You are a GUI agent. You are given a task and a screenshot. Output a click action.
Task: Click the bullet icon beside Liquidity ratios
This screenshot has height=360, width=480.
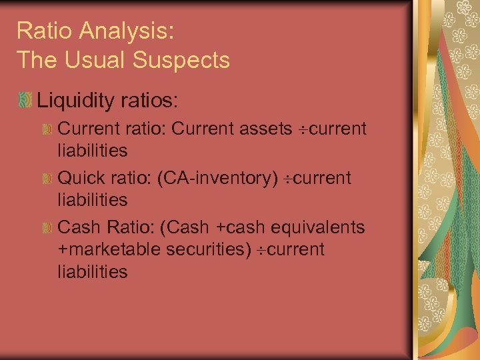click(x=25, y=101)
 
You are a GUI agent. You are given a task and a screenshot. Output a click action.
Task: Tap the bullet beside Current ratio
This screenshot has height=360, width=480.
click(x=47, y=129)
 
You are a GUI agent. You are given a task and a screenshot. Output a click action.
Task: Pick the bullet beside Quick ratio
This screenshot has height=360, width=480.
click(x=47, y=179)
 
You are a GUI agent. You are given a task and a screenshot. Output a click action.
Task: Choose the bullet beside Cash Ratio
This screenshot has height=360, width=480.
click(x=47, y=228)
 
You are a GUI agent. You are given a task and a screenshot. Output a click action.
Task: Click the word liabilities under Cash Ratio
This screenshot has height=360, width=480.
click(x=93, y=272)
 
